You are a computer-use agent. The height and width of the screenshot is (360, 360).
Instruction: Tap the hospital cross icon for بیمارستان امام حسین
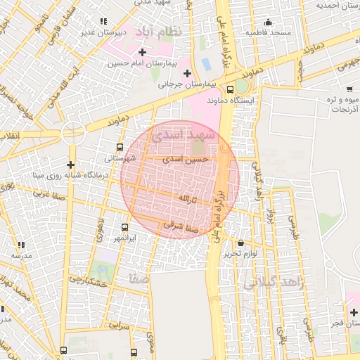click(143, 52)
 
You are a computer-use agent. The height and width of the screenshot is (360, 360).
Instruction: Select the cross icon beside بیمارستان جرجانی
click(187, 73)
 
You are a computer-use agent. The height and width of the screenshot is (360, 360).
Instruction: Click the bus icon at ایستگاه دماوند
click(231, 89)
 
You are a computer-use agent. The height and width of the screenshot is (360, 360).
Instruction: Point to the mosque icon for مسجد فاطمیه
click(267, 22)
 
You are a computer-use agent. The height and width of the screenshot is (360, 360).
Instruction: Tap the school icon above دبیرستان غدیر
click(105, 22)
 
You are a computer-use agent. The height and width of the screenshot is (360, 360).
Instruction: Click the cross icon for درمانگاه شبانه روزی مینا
click(70, 164)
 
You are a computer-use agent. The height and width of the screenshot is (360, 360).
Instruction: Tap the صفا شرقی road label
click(178, 225)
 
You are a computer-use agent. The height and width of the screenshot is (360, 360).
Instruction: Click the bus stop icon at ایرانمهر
click(124, 227)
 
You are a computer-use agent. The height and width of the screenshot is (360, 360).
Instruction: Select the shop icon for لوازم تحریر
click(241, 242)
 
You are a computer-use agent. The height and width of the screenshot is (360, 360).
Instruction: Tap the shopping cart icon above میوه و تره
click(349, 89)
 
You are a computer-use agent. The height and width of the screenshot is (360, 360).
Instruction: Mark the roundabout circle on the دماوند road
click(72, 132)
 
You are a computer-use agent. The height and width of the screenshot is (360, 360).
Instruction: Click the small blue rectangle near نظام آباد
click(206, 64)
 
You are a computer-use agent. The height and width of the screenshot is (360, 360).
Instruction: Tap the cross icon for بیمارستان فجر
click(353, 311)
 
